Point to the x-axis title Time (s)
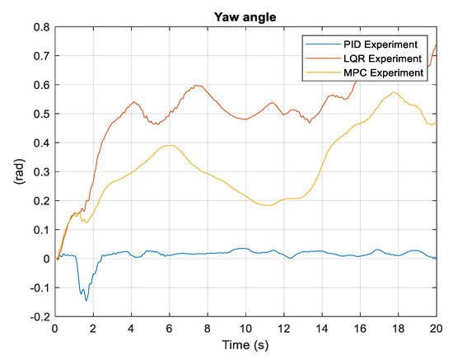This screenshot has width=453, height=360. [245, 347]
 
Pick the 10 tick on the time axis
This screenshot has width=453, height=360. [245, 328]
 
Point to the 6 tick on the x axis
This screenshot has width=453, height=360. [169, 328]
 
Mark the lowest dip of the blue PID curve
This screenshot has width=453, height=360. [86, 300]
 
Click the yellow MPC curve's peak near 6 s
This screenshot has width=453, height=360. [170, 145]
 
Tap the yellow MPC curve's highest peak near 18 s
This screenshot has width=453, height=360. [394, 92]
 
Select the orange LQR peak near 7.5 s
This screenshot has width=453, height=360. [197, 85]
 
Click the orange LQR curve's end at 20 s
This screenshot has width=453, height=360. [435, 44]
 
